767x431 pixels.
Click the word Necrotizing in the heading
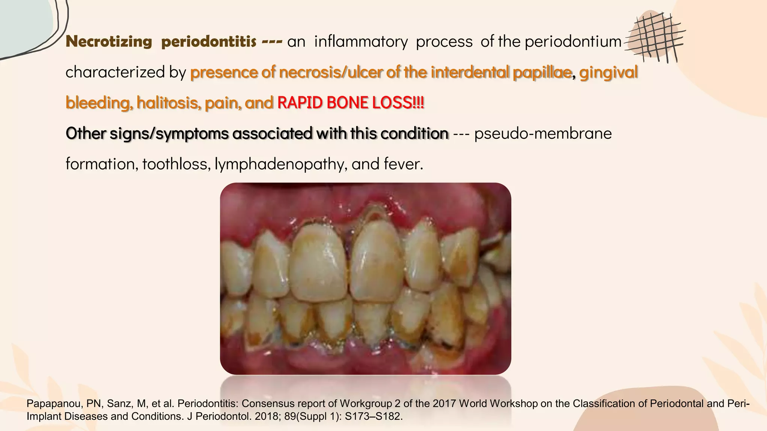[109, 42]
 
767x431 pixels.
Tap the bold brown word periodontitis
[209, 42]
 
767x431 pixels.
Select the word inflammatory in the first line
[361, 42]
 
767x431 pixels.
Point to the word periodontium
[573, 42]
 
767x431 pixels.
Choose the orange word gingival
[608, 72]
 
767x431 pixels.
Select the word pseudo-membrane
[543, 134]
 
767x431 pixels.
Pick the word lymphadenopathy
[279, 164]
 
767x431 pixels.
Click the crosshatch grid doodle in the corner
[655, 37]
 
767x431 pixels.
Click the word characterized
[115, 72]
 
